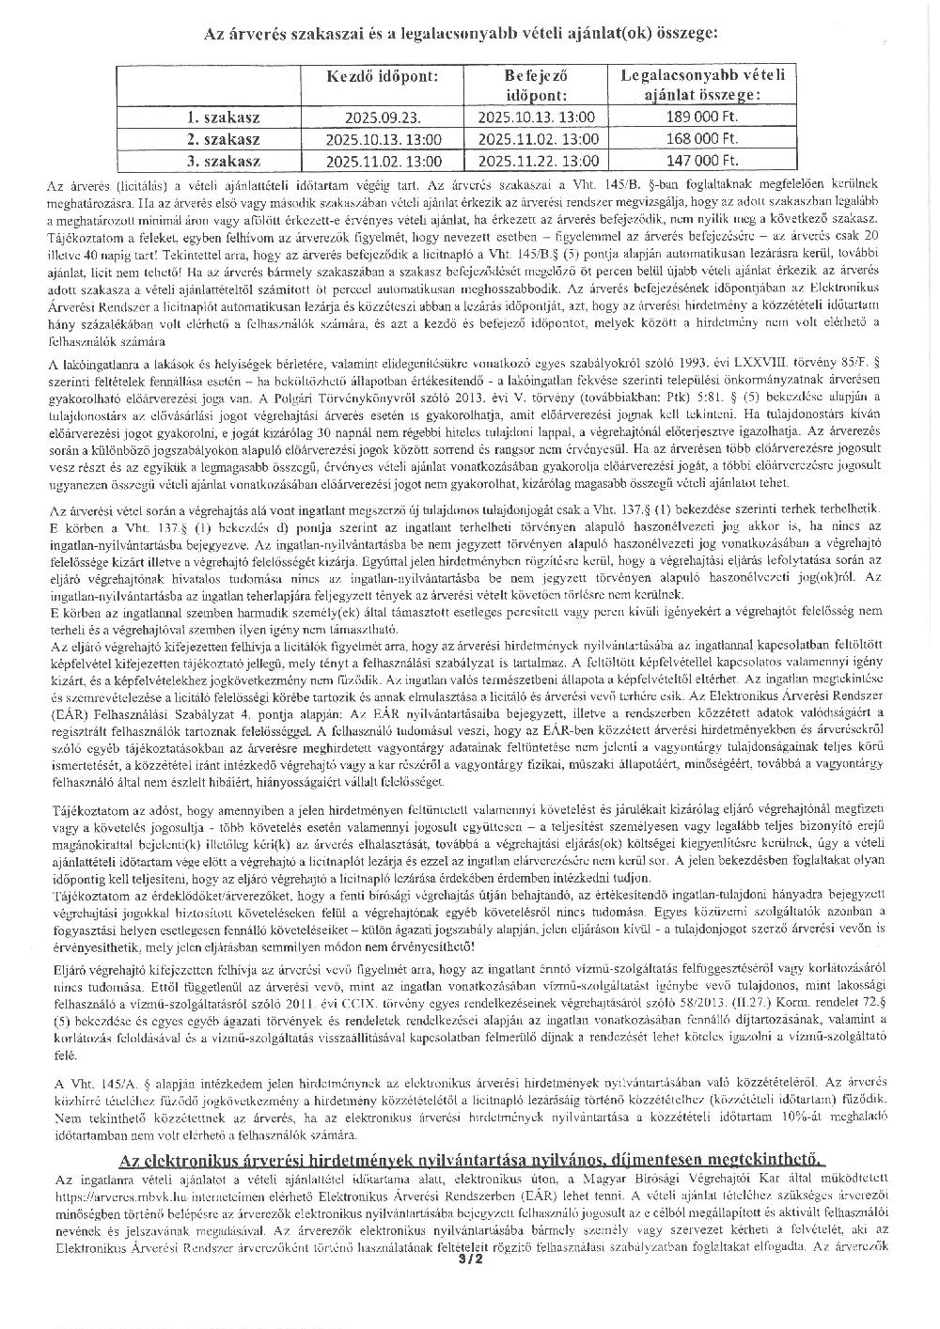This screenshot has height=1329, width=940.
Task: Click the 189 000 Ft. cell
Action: coord(702,117)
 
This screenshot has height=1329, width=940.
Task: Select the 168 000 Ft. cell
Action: coord(702,139)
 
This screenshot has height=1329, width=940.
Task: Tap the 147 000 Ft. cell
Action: coord(702,161)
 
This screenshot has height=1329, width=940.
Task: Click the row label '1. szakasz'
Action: coord(224,117)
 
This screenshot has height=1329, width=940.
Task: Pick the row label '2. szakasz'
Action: coord(224,139)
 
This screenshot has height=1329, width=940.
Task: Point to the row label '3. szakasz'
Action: coord(224,161)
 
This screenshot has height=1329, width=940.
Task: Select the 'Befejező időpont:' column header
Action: coord(537,85)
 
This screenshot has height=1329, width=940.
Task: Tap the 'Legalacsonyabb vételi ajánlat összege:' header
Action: coord(702,85)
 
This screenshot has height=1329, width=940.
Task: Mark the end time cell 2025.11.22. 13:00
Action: coord(537,161)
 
